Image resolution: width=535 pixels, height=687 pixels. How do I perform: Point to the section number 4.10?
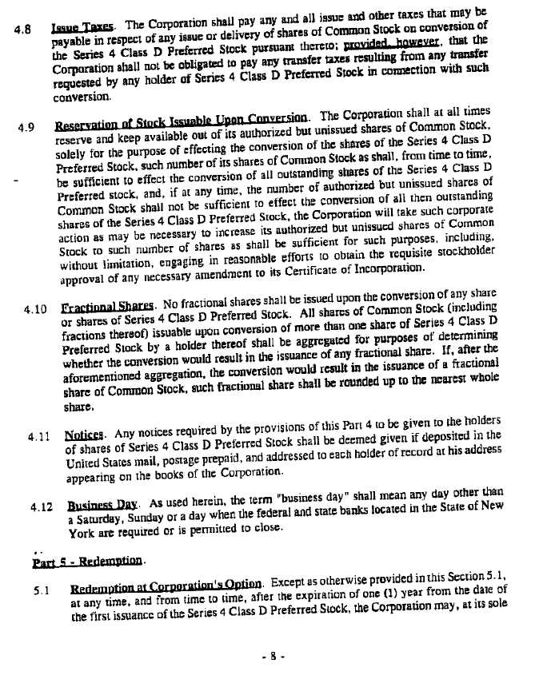click(38, 307)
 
